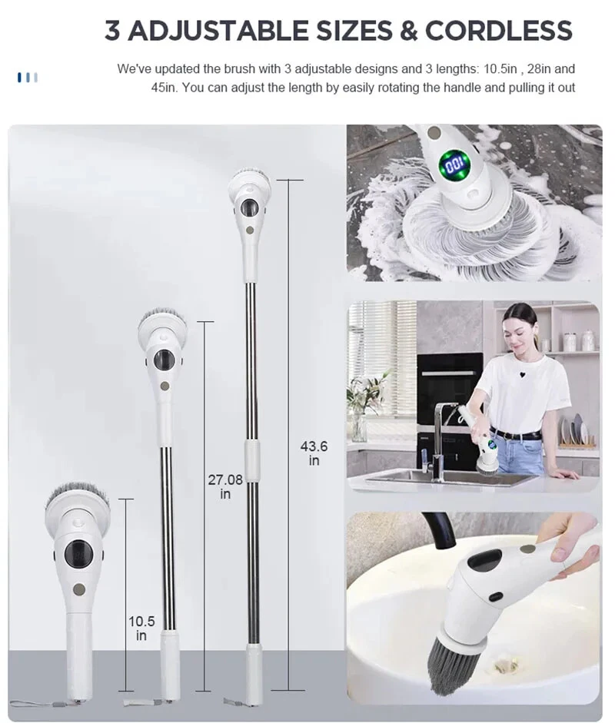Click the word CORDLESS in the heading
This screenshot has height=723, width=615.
coord(498,31)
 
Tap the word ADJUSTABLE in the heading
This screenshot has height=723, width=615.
coord(218,31)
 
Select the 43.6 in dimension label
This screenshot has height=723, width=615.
coord(314,453)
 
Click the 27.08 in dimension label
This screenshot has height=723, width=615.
coord(225,487)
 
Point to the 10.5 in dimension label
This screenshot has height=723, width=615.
coord(141,628)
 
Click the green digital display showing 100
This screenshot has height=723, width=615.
coord(454,164)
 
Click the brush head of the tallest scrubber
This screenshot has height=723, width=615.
coord(250,181)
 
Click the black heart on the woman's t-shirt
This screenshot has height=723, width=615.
coord(522,375)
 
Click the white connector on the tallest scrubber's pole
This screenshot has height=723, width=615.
coord(252,460)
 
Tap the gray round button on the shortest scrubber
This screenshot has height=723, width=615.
coord(79,589)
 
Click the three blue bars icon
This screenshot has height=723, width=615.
coord(28,78)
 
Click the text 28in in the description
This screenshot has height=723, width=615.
coord(538,69)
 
